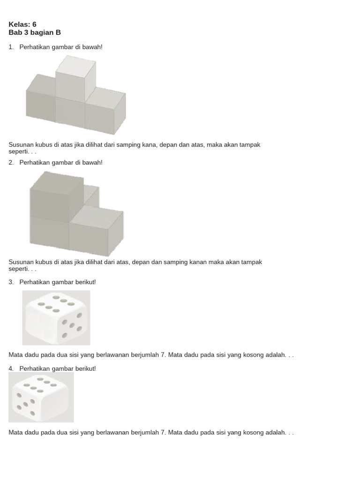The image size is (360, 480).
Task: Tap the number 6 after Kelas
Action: pyautogui.click(x=34, y=24)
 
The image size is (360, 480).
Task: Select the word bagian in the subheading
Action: pyautogui.click(x=42, y=33)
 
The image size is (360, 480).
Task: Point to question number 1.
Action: pyautogui.click(x=11, y=47)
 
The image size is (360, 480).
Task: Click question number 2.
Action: pyautogui.click(x=11, y=163)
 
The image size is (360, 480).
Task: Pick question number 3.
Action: pyautogui.click(x=11, y=282)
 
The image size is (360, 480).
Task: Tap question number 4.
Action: pyautogui.click(x=11, y=368)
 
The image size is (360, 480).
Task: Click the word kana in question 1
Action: pyautogui.click(x=150, y=145)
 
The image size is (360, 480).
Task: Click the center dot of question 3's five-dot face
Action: pyautogui.click(x=72, y=325)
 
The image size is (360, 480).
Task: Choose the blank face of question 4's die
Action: pyautogui.click(x=55, y=405)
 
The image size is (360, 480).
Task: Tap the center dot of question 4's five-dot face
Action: pyautogui.click(x=25, y=405)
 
